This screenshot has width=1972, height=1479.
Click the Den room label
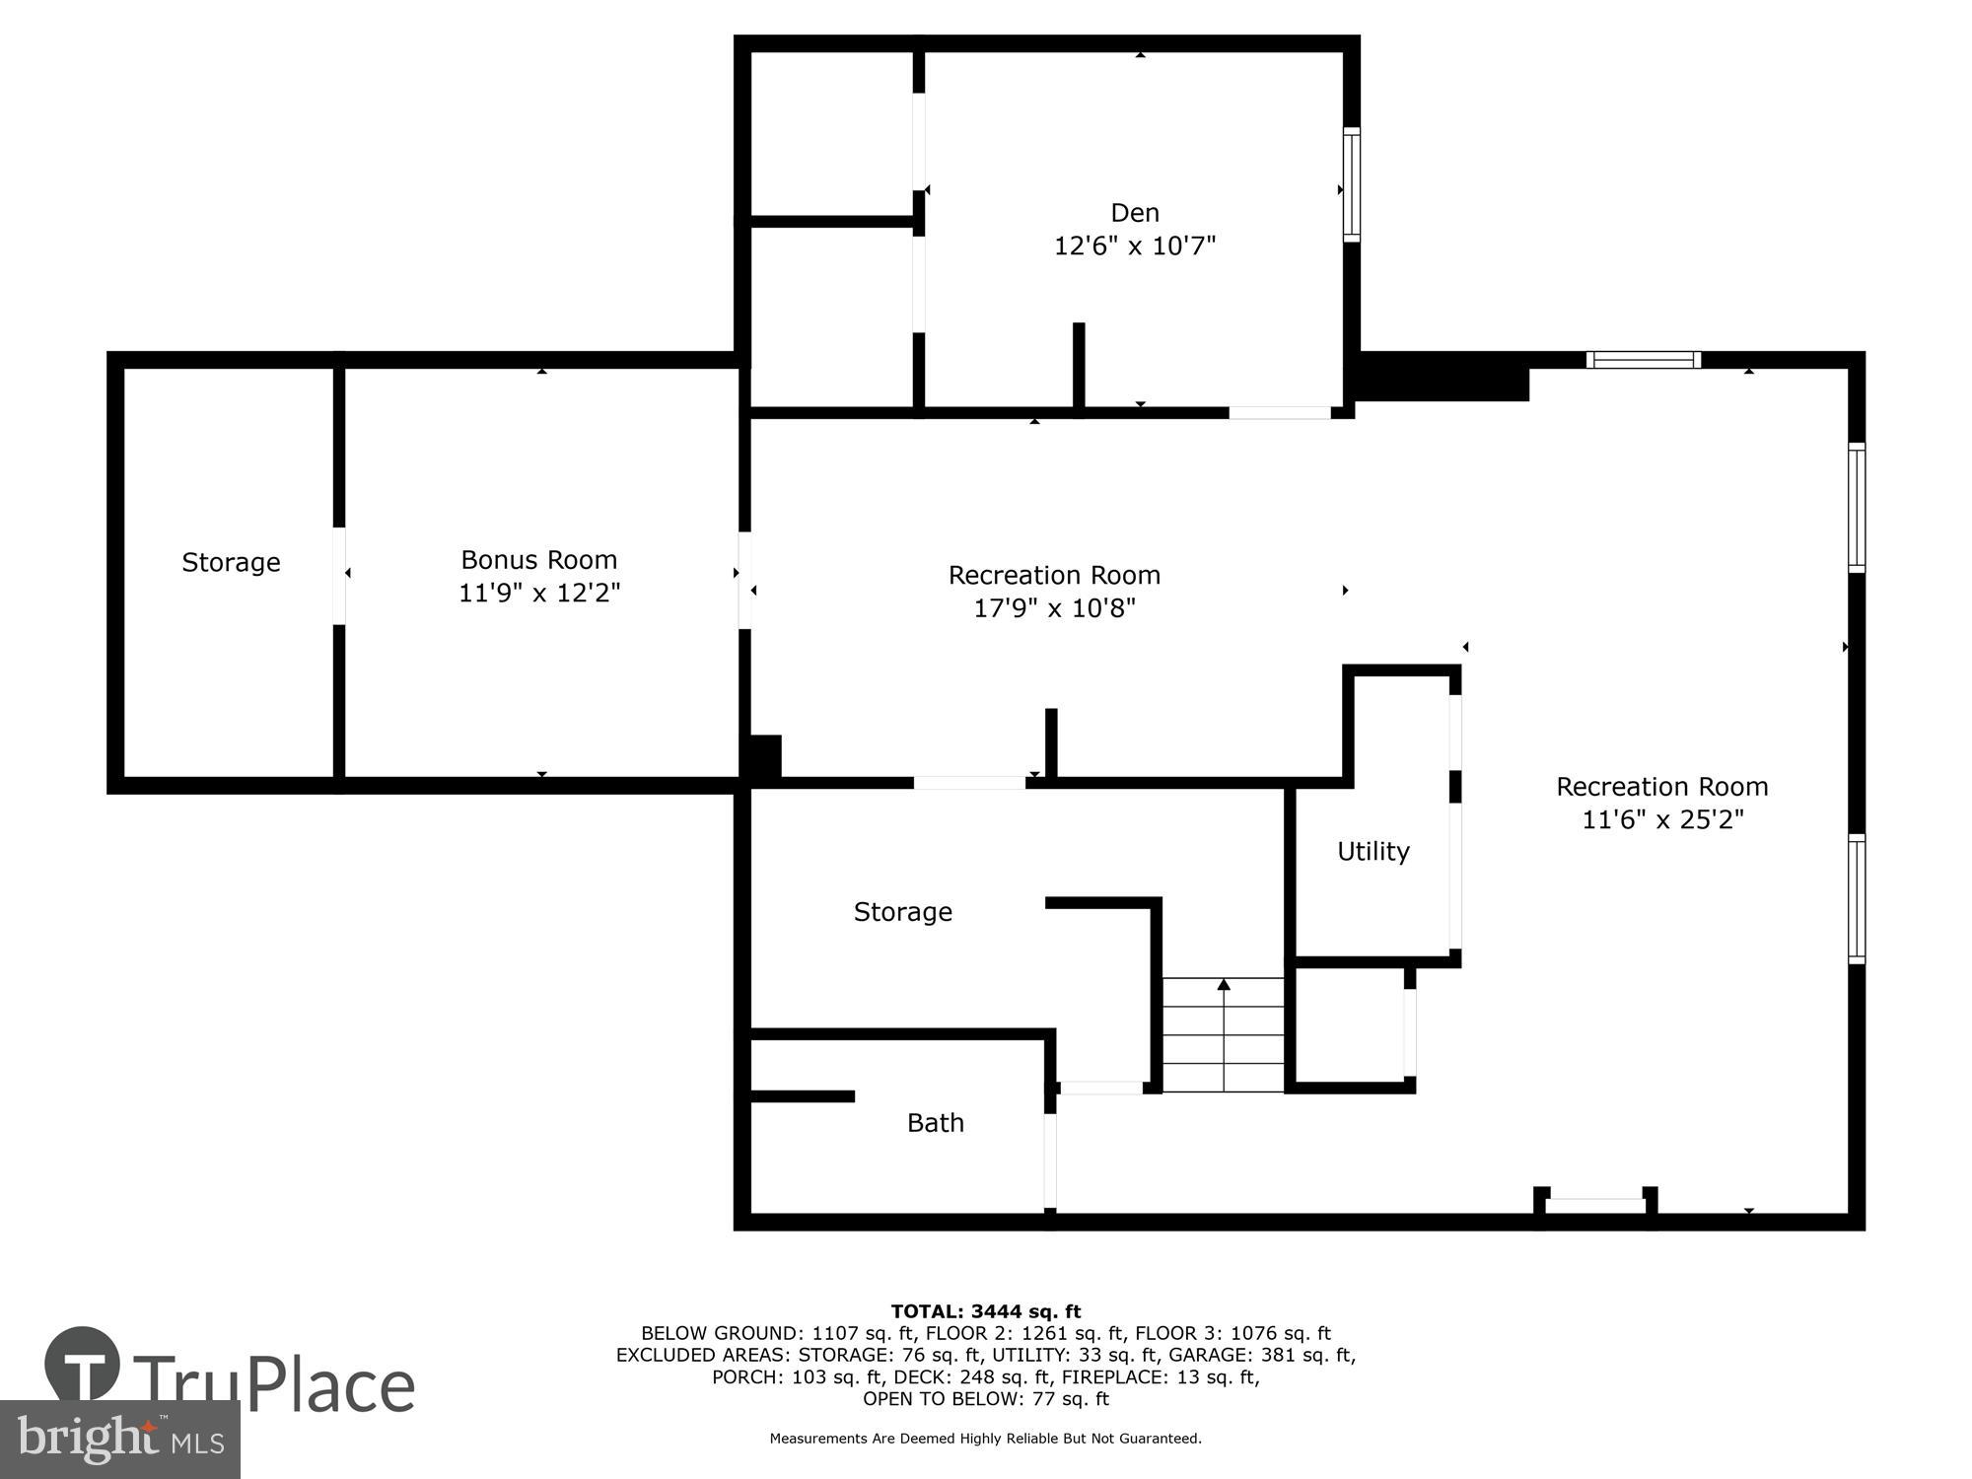(x=1134, y=212)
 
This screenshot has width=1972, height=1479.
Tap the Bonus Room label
(x=538, y=559)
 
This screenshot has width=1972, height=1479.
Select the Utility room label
(x=1373, y=850)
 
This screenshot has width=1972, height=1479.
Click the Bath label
(x=935, y=1122)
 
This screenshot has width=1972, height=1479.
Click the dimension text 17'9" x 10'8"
(x=1054, y=607)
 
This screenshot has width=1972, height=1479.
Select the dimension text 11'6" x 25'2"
(x=1662, y=819)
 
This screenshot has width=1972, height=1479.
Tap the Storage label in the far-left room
(x=231, y=562)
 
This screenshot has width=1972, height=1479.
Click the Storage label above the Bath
(x=902, y=911)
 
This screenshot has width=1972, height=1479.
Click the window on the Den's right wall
(x=1351, y=184)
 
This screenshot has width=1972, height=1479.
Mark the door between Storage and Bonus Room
(x=339, y=576)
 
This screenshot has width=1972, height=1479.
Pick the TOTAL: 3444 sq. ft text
(x=985, y=1311)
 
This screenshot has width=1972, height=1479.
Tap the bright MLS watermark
(x=120, y=1440)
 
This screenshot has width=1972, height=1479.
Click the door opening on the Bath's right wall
(x=1050, y=1160)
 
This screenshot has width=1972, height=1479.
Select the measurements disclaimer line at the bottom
(x=985, y=1439)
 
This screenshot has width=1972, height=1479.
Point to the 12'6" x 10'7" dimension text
(x=1134, y=246)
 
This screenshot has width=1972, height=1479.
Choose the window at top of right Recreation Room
(x=1643, y=360)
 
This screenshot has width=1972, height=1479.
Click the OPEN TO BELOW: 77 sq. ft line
(x=985, y=1398)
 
